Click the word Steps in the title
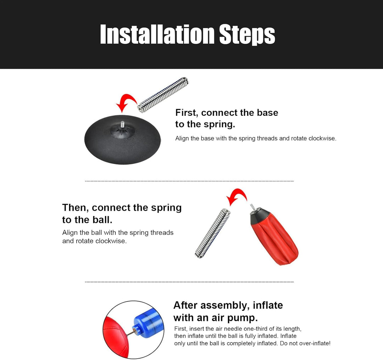247,35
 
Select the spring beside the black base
163,95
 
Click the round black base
123,140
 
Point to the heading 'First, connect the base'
227,113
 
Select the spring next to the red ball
212,234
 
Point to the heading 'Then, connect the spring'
122,208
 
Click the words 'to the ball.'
87,220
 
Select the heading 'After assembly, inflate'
228,305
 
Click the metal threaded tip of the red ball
252,206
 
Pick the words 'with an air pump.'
216,318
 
